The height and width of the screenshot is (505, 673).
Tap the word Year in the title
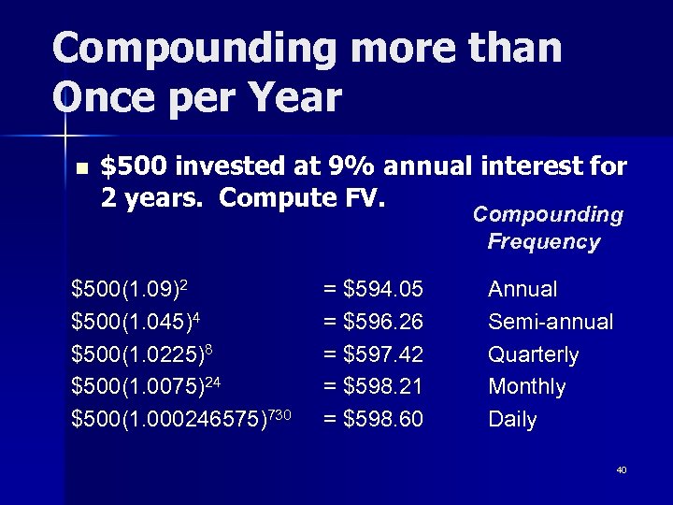(290, 96)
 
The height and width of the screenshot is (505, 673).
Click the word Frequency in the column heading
(543, 242)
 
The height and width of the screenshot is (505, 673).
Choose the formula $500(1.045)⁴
(138, 322)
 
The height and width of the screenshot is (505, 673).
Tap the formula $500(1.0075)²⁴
(147, 386)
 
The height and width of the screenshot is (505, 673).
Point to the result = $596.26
(373, 323)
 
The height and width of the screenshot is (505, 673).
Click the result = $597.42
(373, 355)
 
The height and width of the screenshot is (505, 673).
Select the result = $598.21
(373, 387)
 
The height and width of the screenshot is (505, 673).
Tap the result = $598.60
(373, 420)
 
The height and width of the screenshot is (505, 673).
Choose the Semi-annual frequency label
(551, 323)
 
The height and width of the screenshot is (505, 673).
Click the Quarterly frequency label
(533, 355)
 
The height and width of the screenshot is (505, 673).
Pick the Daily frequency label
(512, 420)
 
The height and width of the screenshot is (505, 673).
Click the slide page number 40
(622, 469)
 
